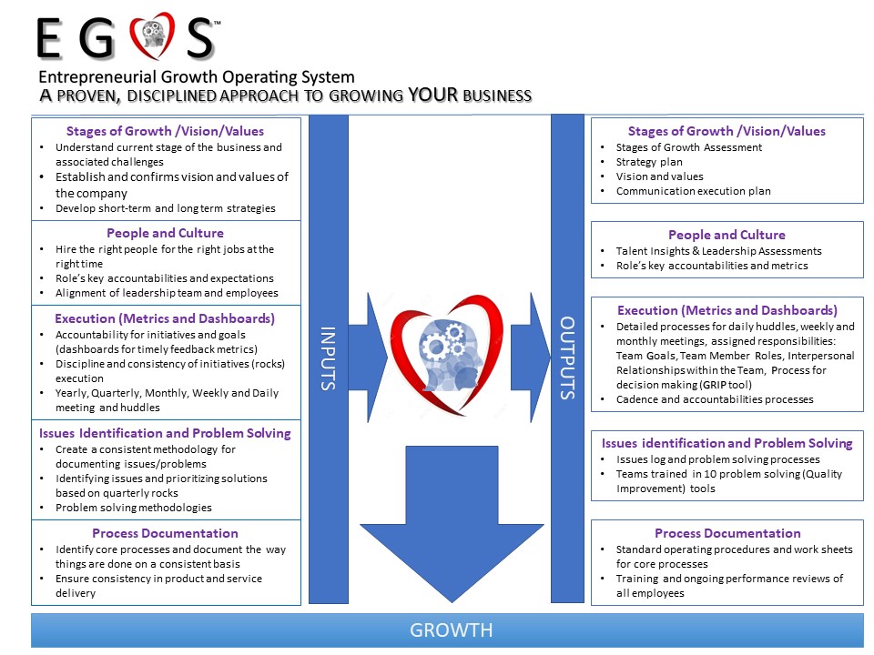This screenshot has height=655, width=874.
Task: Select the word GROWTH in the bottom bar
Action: (451, 630)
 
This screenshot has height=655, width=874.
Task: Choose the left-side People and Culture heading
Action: (165, 233)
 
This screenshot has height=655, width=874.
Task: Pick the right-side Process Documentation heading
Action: (727, 533)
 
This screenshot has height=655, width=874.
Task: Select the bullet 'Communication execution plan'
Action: (693, 191)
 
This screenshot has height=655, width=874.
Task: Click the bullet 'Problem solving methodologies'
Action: (133, 508)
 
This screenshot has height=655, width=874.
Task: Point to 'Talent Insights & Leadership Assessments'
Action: (718, 251)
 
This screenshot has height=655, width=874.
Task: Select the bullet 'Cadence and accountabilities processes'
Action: (715, 398)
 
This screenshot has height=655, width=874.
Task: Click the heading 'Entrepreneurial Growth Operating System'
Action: (197, 77)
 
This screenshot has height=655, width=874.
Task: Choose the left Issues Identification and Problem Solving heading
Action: (165, 433)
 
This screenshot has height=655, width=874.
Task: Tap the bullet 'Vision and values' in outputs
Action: (659, 176)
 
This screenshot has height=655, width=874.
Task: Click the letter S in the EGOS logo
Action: (198, 38)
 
